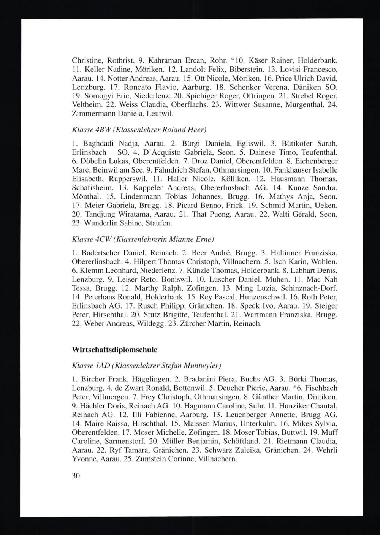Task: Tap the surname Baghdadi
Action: pyautogui.click(x=93, y=144)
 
